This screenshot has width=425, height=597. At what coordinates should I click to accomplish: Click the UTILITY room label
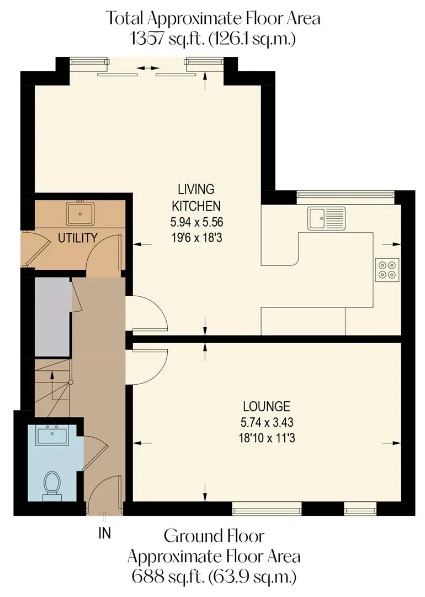pyautogui.click(x=78, y=238)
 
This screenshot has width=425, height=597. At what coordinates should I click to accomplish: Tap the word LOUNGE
pyautogui.click(x=267, y=406)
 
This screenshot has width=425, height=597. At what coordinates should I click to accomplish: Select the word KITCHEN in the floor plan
pyautogui.click(x=196, y=206)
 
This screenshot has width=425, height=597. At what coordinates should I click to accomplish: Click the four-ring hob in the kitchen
pyautogui.click(x=387, y=270)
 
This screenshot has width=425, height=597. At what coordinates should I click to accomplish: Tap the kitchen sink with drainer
pyautogui.click(x=327, y=218)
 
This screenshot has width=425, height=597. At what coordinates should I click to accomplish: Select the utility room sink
pyautogui.click(x=80, y=213)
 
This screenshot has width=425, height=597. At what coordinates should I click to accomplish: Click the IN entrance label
pyautogui.click(x=104, y=533)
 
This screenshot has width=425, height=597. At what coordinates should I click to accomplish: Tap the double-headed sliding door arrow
pyautogui.click(x=148, y=68)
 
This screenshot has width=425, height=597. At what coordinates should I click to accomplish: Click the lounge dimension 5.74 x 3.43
pyautogui.click(x=267, y=422)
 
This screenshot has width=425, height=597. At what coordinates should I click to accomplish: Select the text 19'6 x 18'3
pyautogui.click(x=196, y=238)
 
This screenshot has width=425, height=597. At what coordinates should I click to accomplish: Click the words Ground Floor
pyautogui.click(x=214, y=536)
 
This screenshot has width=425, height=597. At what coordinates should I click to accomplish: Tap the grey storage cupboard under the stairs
pyautogui.click(x=52, y=317)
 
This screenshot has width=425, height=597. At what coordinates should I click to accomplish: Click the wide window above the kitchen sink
pyautogui.click(x=345, y=195)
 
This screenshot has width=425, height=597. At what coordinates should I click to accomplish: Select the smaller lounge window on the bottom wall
pyautogui.click(x=360, y=509)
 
